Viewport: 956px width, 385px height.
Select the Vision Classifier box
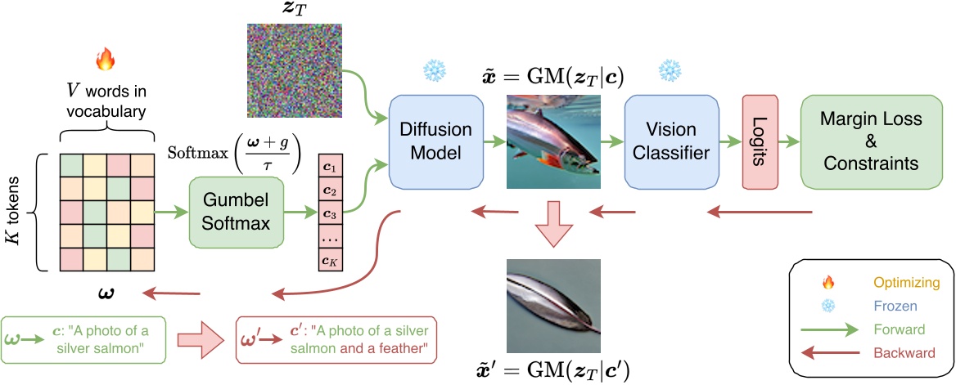[x=670, y=141]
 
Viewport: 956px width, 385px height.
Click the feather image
[x=553, y=306]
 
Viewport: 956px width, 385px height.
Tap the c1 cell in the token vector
[x=330, y=166]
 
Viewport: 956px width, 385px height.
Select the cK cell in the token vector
[x=330, y=262]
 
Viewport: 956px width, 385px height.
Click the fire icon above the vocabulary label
[x=104, y=59]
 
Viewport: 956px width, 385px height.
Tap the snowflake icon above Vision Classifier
[x=670, y=70]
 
